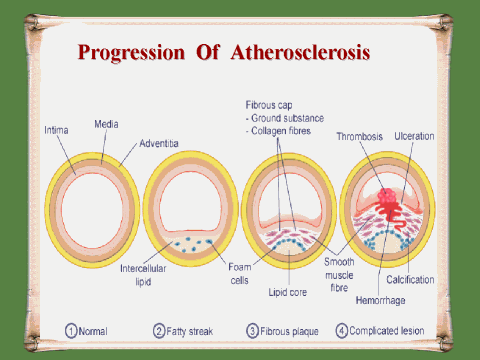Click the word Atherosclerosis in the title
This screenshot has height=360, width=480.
point(300,52)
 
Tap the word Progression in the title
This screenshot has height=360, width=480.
point(131,53)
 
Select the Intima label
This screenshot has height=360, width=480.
point(56,130)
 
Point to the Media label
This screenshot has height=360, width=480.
point(106,124)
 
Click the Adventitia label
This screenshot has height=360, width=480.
point(159,143)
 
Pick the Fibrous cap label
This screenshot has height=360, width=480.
point(269,105)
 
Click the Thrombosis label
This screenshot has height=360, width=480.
point(360,136)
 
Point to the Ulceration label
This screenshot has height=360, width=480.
point(414,136)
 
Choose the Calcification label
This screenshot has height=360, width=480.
point(410,279)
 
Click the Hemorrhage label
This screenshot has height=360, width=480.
point(381,300)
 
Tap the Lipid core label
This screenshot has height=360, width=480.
point(288,292)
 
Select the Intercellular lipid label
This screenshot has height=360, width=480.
point(143,275)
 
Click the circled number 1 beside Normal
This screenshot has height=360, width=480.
point(71,331)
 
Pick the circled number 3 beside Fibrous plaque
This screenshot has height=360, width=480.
point(252,331)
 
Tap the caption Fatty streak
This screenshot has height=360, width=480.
point(189,331)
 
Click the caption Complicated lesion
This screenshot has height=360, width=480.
point(387,331)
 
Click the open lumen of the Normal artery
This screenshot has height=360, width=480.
point(92,210)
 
